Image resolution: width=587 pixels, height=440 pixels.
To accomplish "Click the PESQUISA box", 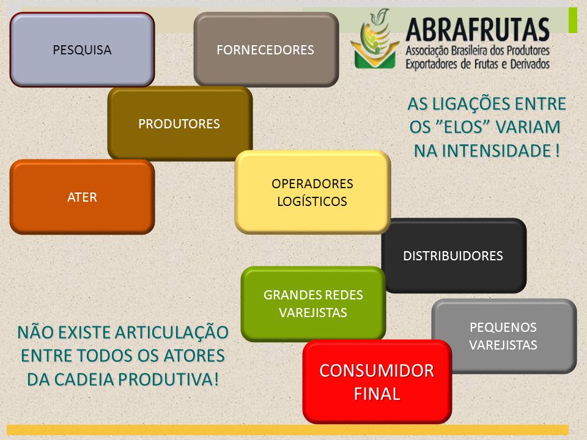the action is (x=82, y=50).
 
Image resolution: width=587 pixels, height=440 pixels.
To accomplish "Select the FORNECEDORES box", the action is (x=266, y=50).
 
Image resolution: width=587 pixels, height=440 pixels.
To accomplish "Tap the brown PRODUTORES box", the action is (x=180, y=123).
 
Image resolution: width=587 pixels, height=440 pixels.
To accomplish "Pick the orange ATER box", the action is (x=82, y=197).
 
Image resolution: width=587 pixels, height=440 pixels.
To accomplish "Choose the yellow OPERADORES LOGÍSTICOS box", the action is (x=312, y=193).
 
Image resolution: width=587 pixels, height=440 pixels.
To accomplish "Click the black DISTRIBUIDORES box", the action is (x=454, y=255).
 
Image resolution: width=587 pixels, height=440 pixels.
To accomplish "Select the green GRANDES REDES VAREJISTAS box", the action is (x=313, y=304).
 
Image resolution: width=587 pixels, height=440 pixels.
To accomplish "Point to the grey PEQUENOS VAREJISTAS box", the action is (x=504, y=336).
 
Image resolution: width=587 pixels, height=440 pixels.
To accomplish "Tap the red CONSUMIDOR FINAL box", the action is (x=377, y=381).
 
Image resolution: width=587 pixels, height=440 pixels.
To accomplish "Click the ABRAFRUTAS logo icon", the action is (x=375, y=39).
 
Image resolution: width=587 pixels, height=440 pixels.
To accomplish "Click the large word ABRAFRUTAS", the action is (x=478, y=29).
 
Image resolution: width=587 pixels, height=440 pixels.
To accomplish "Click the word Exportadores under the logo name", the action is (x=432, y=64).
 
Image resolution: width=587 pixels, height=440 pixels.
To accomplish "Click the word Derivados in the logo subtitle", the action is (x=530, y=64).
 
